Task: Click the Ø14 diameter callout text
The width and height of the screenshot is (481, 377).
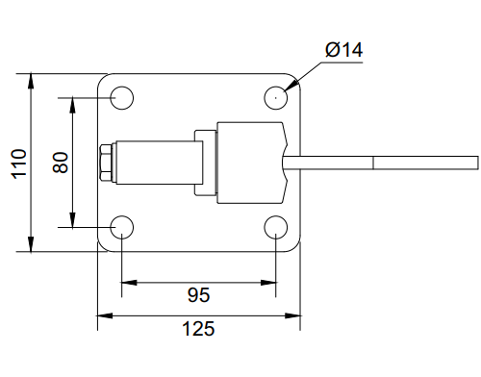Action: (x=343, y=50)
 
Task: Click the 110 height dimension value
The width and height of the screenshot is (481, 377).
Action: (x=19, y=163)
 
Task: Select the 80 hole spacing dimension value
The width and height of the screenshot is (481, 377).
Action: (x=61, y=163)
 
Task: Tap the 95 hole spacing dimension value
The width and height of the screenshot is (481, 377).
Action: (x=198, y=295)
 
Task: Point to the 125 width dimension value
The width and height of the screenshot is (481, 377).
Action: (x=198, y=329)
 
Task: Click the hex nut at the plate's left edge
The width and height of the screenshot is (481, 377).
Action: (x=106, y=163)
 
